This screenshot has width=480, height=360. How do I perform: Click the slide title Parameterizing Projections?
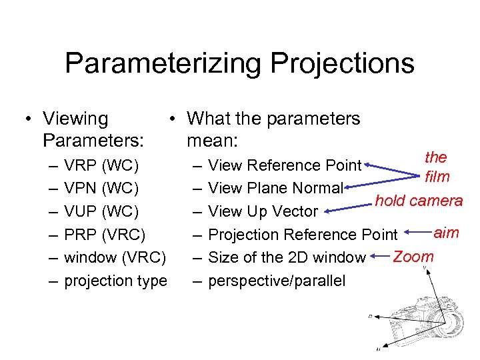239,63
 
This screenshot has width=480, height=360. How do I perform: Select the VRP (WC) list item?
101,165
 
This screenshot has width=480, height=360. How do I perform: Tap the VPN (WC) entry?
101,188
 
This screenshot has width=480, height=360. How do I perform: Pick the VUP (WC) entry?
101,211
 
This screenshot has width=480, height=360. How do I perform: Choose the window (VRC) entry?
115,257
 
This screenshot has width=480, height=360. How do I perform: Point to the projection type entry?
115,281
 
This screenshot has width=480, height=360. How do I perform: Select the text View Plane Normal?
275,188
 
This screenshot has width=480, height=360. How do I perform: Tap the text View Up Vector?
263,211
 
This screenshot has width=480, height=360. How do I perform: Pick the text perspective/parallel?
277,281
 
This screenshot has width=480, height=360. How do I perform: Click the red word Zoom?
413,256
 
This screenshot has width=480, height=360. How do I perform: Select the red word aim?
446,232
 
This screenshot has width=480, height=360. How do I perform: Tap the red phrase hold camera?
419,200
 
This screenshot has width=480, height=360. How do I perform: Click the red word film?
437,177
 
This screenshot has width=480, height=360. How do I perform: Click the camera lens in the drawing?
453,323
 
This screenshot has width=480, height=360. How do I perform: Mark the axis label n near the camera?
370,316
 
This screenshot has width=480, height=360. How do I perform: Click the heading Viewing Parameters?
93,130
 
